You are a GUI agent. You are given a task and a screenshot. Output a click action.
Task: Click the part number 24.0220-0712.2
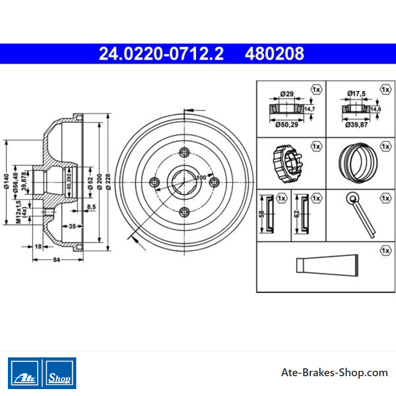(x=161, y=53)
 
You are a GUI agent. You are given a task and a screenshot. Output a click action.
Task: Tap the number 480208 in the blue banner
(x=274, y=53)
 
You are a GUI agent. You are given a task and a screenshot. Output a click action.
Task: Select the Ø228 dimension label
(x=108, y=182)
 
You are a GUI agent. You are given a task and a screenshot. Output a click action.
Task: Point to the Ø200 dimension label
(x=99, y=182)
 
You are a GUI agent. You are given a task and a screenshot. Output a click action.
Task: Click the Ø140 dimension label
(x=6, y=181)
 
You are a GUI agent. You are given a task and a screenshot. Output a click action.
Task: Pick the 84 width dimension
(x=56, y=259)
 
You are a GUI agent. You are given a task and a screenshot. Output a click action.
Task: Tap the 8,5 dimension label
(x=92, y=207)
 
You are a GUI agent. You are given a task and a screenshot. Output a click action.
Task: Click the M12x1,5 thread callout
(x=18, y=212)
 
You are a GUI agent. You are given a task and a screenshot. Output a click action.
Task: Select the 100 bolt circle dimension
(x=201, y=178)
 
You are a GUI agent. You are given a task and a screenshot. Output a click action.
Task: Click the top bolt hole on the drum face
(x=184, y=152)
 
